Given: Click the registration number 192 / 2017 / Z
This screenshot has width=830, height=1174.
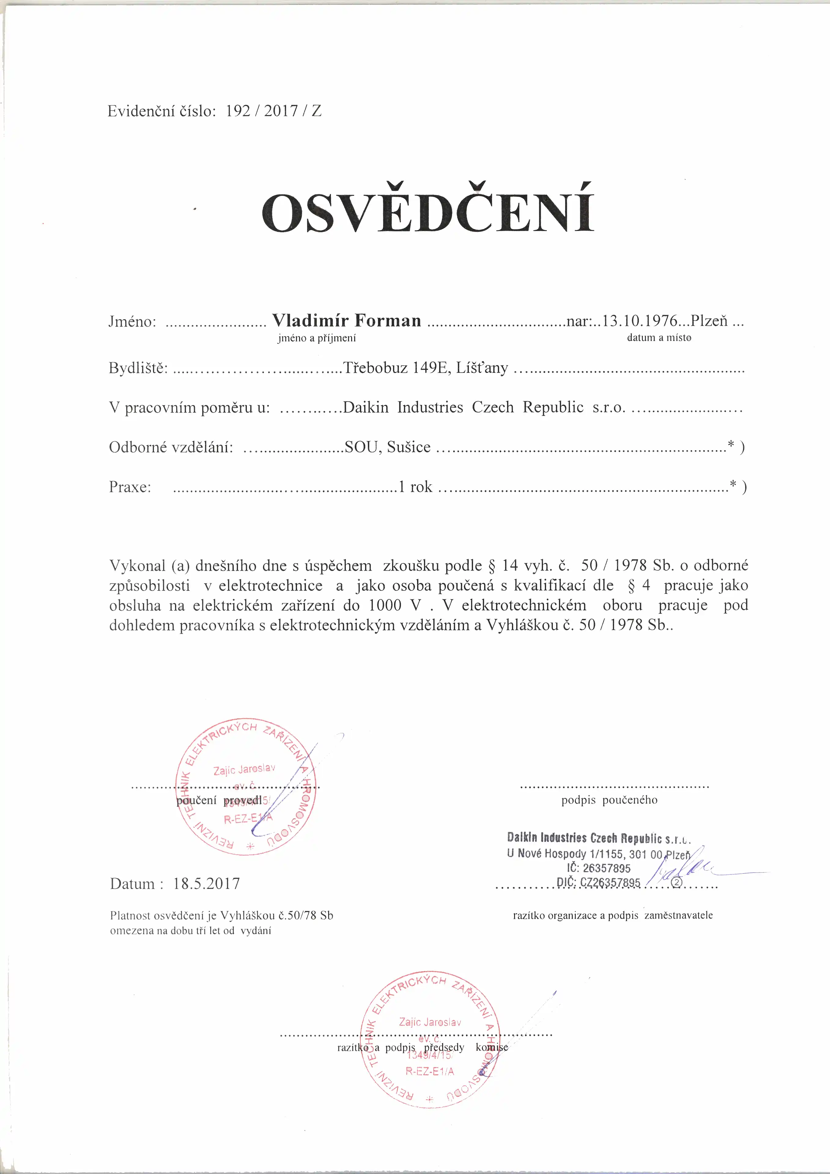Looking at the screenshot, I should point(274,111).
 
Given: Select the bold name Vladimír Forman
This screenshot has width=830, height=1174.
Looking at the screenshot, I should point(346,321).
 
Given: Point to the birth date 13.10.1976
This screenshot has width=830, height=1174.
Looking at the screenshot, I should point(640,321).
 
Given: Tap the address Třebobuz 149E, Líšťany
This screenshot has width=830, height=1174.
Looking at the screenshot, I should point(426,368).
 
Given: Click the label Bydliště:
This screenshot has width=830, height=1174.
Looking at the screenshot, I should point(138,368).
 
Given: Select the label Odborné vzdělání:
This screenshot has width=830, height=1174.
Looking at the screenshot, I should point(171,447).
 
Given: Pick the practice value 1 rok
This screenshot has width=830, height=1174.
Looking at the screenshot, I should point(415,487).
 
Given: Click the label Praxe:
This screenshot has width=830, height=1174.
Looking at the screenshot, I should point(130,487).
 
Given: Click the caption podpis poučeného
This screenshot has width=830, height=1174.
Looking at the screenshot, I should point(609,800).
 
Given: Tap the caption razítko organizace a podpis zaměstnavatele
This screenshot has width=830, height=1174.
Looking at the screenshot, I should point(613,915).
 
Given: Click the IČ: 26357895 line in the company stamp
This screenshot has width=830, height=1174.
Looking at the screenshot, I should point(598,868).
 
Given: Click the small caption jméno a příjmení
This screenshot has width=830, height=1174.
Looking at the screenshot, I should point(316,338).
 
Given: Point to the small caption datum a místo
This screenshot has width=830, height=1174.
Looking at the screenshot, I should point(659,338).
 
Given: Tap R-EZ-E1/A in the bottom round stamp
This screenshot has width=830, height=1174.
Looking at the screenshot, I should point(430,1071).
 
